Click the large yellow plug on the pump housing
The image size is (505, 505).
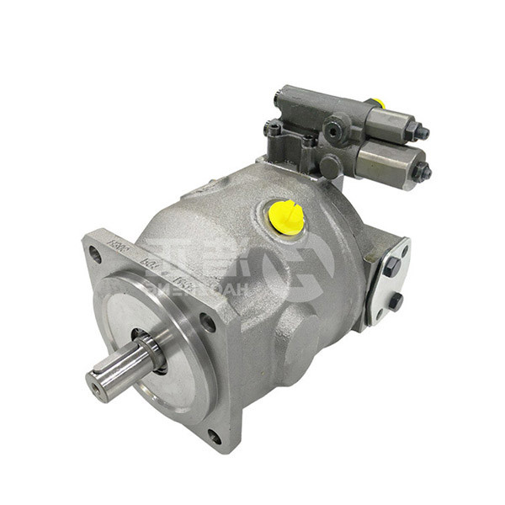284,216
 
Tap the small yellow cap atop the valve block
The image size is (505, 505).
380,103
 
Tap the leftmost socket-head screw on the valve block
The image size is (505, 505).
274,130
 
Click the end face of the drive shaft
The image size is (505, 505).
100,386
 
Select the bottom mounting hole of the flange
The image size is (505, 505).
215,436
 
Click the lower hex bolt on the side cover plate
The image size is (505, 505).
394,301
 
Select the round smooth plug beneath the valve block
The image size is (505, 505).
329,167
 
